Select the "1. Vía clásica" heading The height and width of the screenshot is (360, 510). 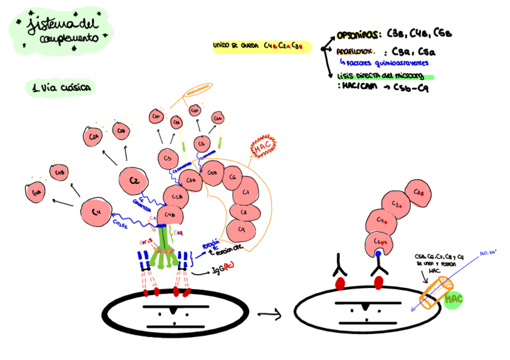point(61,88)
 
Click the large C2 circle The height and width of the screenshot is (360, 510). point(134,181)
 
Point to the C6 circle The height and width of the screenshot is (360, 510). point(232,178)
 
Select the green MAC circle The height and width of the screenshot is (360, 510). point(455,297)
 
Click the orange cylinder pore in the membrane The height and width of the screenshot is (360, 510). point(434,296)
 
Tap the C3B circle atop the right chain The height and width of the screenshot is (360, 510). point(417,192)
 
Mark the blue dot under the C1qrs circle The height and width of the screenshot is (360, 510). point(378,254)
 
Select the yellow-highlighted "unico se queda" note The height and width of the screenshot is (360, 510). point(261,46)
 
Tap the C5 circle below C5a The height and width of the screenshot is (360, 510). point(201,144)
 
